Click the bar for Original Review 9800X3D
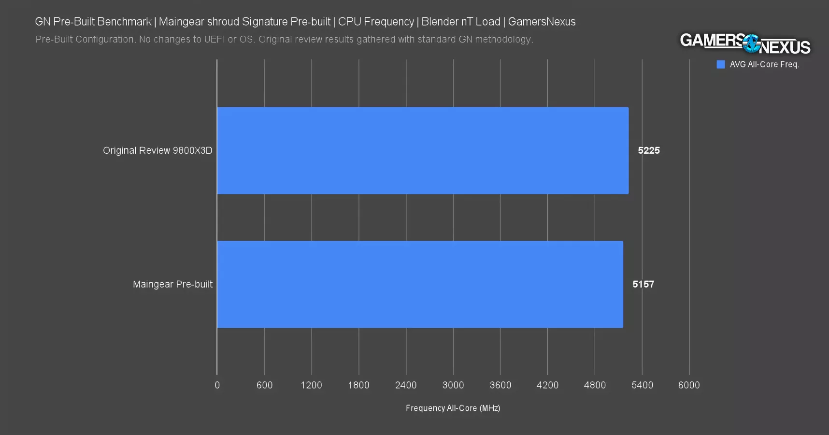pyautogui.click(x=423, y=151)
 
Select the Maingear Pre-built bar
pyautogui.click(x=420, y=284)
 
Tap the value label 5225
pyautogui.click(x=648, y=151)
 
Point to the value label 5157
pyautogui.click(x=643, y=284)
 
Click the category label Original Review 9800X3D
pyautogui.click(x=157, y=151)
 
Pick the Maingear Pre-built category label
pyautogui.click(x=172, y=284)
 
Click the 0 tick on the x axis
pyautogui.click(x=217, y=385)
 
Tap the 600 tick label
pyautogui.click(x=264, y=385)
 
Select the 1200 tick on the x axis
pyautogui.click(x=311, y=385)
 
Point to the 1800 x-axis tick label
pyautogui.click(x=358, y=385)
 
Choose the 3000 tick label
pyautogui.click(x=453, y=385)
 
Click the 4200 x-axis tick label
pyautogui.click(x=547, y=385)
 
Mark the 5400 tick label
pyautogui.click(x=642, y=385)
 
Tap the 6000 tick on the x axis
pyautogui.click(x=689, y=385)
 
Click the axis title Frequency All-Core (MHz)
pyautogui.click(x=453, y=408)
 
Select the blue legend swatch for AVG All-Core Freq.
pyautogui.click(x=721, y=65)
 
